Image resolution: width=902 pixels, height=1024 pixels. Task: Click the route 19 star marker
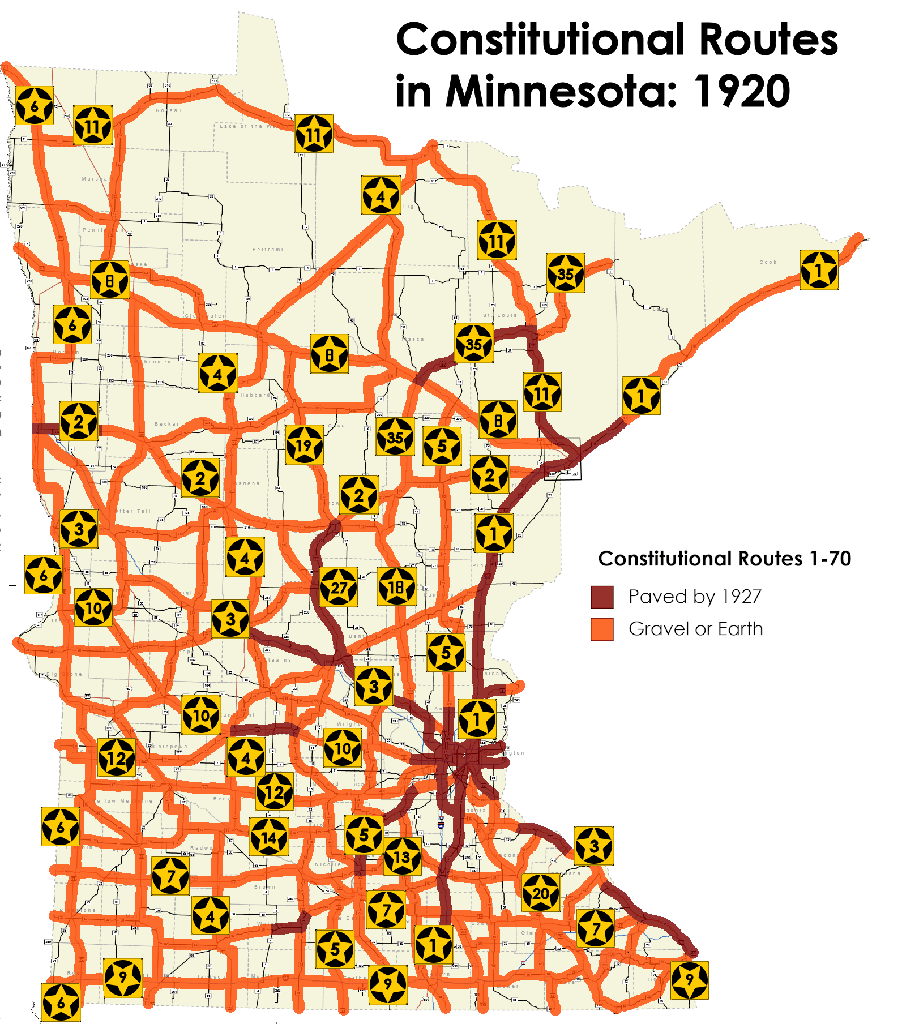304,445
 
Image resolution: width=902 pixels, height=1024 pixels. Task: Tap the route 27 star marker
339,587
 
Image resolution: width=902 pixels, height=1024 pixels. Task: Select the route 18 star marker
397,586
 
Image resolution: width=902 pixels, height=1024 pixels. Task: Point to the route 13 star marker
402,856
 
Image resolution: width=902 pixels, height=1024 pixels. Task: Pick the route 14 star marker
269,837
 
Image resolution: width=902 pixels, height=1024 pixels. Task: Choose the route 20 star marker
541,893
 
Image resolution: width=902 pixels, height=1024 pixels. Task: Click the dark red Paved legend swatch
602,597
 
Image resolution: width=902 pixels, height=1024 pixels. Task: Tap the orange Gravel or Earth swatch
602,629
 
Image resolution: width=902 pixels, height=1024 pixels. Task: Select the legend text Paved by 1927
695,597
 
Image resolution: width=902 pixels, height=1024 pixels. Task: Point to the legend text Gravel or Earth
695,629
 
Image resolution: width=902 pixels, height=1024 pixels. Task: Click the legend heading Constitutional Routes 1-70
724,559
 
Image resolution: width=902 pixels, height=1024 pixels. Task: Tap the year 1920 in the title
742,91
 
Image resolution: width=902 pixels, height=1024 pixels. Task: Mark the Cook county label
768,262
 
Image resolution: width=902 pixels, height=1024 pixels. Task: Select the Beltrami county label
268,250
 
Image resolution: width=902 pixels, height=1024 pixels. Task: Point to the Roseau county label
169,110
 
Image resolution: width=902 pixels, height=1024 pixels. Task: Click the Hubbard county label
255,395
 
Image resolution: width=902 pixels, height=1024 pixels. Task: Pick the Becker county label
167,424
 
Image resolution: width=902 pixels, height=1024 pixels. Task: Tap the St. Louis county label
499,315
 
